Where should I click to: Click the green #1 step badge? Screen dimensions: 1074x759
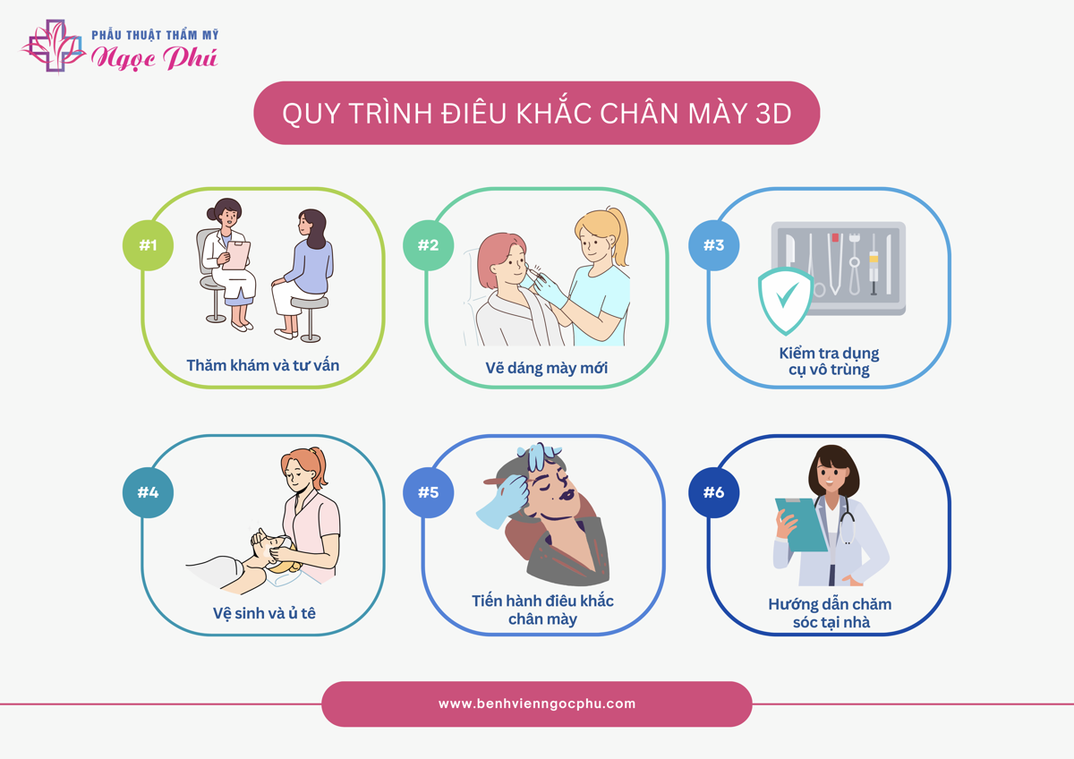[148, 245]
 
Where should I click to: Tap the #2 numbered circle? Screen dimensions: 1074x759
[428, 245]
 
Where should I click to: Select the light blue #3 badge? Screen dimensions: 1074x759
[713, 245]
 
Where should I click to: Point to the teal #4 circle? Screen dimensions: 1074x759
[148, 492]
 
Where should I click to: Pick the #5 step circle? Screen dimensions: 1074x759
[428, 492]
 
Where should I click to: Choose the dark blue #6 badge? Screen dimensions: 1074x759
[713, 492]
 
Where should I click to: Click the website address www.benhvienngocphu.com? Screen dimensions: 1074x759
[536, 704]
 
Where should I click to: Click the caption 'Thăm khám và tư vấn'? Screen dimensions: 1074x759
[263, 365]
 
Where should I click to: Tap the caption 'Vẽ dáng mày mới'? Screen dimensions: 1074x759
[546, 368]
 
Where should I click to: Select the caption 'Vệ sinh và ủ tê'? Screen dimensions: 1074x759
[264, 613]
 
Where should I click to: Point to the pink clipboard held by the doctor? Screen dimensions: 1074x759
[236, 255]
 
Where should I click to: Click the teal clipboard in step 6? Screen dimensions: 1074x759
[801, 524]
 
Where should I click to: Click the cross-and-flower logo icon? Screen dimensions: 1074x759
[54, 46]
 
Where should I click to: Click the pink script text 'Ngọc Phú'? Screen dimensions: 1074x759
[154, 58]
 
